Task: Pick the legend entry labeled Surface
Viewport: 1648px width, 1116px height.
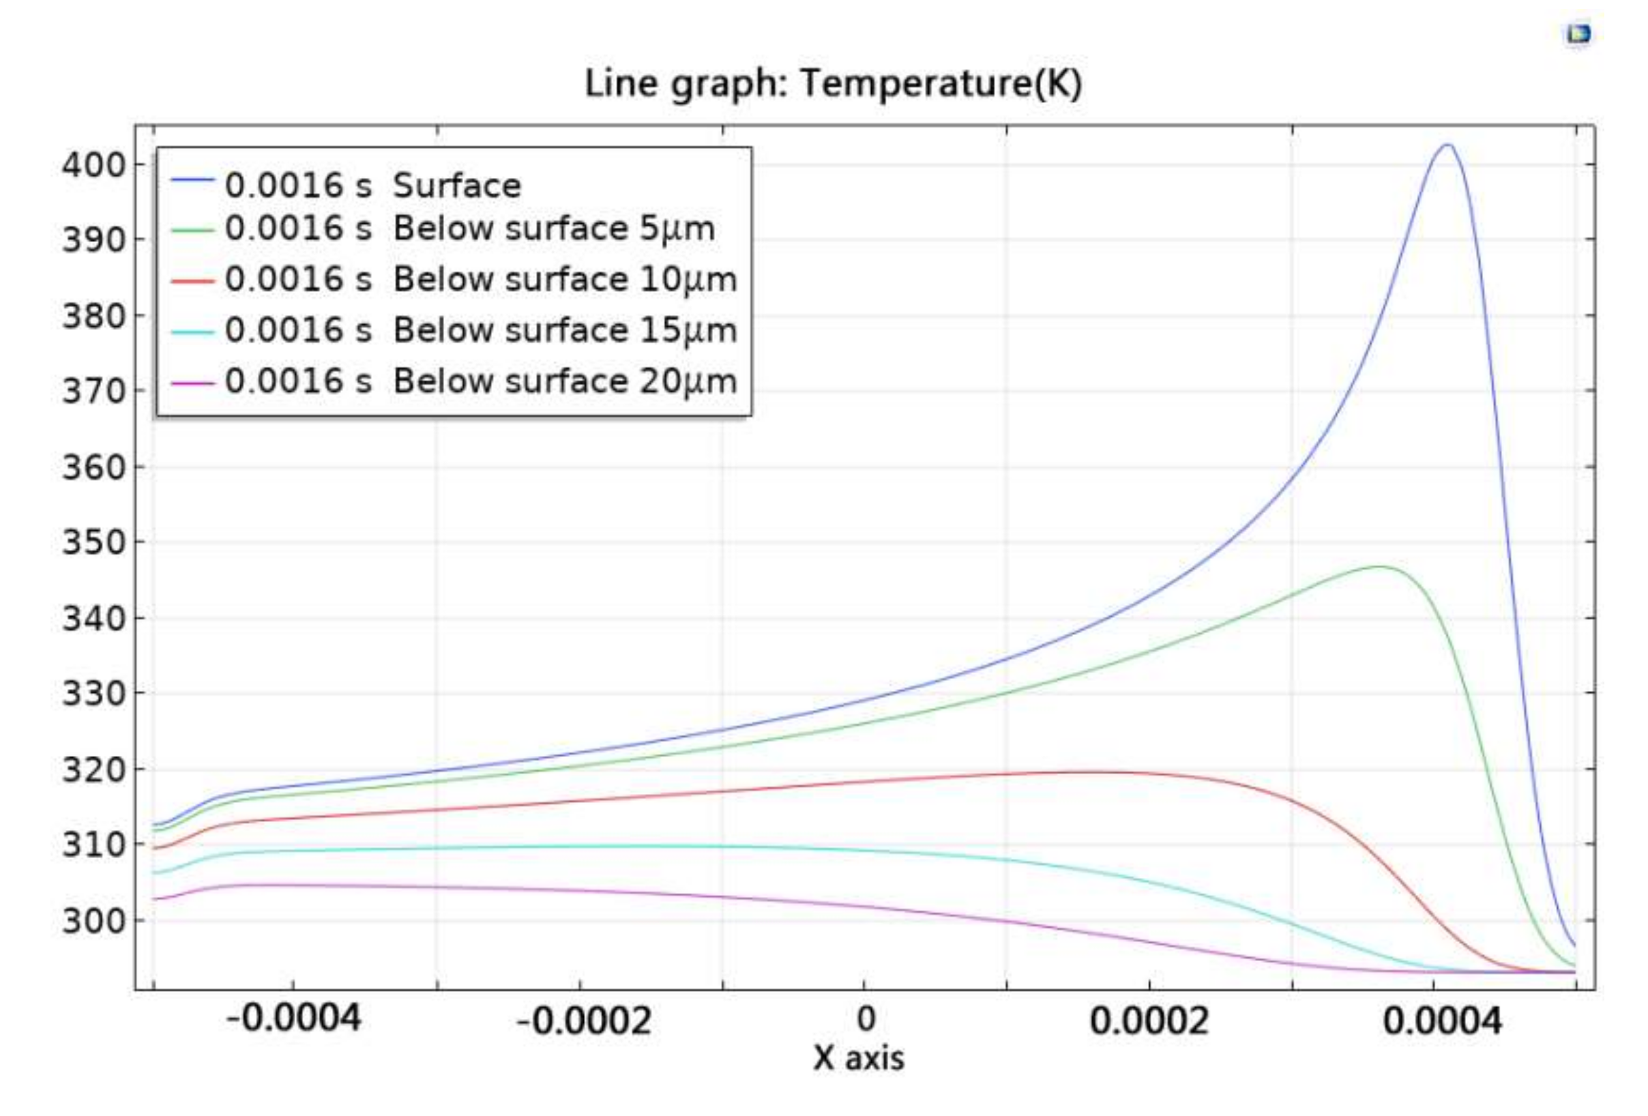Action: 373,186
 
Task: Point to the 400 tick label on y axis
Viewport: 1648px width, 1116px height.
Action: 93,165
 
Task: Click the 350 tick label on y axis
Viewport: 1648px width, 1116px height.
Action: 93,542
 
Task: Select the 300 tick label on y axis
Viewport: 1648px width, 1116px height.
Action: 93,921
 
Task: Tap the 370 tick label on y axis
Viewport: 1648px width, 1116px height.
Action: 93,392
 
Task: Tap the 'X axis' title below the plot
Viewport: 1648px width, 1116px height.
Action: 858,1059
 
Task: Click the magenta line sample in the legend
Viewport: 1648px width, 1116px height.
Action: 192,383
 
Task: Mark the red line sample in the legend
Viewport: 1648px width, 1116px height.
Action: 192,282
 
